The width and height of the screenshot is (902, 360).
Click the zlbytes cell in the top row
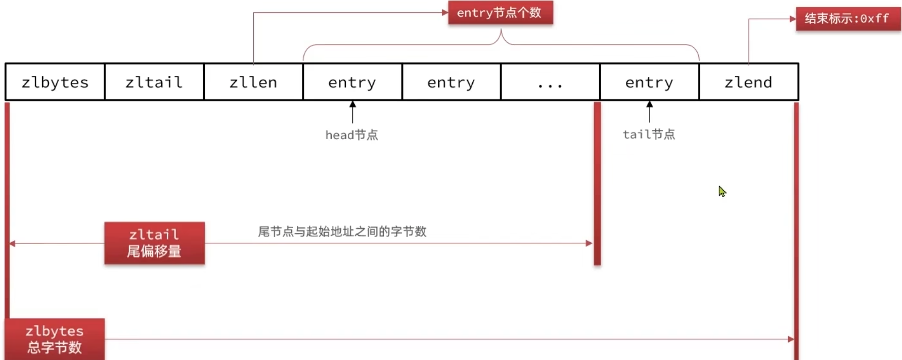click(x=55, y=82)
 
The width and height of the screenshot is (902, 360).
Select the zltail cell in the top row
click(x=154, y=82)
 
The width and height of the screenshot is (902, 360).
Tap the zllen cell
click(x=253, y=82)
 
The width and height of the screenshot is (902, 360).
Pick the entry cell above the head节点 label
click(x=352, y=82)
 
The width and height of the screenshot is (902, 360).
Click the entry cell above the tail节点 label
click(x=649, y=82)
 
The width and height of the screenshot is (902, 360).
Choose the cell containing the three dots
click(x=550, y=82)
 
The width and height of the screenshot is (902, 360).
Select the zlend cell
click(x=748, y=82)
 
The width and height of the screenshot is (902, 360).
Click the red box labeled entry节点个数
click(x=500, y=13)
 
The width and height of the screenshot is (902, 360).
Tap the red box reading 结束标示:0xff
click(x=848, y=19)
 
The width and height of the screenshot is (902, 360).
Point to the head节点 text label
click(x=351, y=135)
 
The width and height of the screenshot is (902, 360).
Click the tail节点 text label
click(x=649, y=134)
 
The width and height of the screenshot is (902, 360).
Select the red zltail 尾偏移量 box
click(x=154, y=243)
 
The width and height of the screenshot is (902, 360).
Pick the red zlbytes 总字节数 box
click(x=55, y=339)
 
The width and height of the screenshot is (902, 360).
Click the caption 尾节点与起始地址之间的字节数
click(x=342, y=232)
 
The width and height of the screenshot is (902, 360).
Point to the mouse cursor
click(x=721, y=191)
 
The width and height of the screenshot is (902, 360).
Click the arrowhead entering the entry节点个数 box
click(x=445, y=13)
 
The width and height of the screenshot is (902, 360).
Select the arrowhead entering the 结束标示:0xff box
click(x=793, y=19)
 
